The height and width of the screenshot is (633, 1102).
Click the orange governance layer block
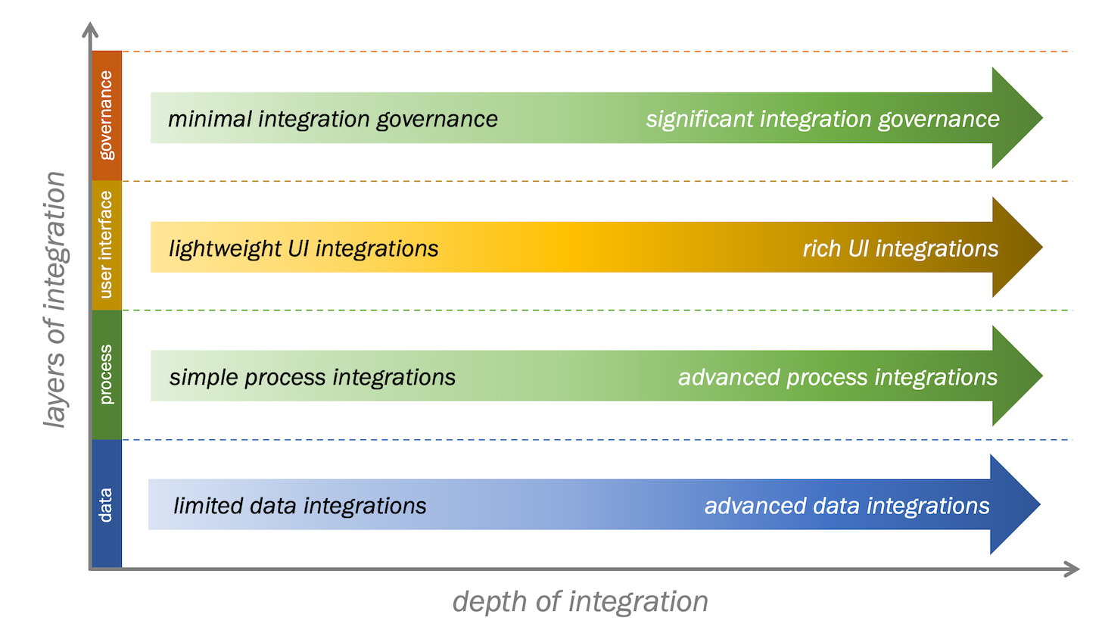tap(106, 115)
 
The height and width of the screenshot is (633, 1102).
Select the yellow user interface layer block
tap(106, 245)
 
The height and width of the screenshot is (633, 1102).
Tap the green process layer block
tap(106, 375)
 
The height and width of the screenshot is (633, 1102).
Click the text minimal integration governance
tap(333, 119)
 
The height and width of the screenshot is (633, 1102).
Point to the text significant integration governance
tap(823, 119)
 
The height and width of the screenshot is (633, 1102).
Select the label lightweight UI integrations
tap(304, 248)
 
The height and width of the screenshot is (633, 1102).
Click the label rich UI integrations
tap(901, 248)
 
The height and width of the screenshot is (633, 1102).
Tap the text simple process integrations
tap(313, 377)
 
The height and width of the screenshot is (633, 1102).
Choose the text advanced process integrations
tap(838, 377)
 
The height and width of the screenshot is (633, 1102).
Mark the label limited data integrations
tap(300, 506)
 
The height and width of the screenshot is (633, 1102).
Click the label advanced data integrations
tap(847, 506)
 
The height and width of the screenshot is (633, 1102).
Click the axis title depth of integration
tap(581, 602)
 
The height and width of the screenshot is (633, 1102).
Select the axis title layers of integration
tap(54, 300)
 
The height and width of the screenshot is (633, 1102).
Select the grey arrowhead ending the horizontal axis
tap(1071, 569)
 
